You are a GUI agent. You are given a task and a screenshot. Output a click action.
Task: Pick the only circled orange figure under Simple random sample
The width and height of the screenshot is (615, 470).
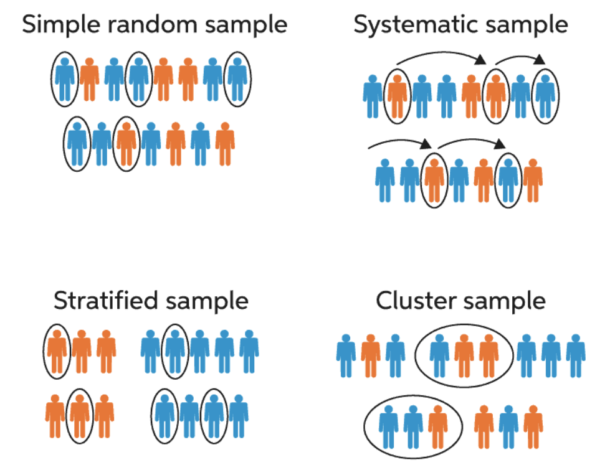(x=126, y=143)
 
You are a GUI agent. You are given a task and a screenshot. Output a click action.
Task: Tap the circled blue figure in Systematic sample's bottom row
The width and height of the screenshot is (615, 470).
(x=508, y=179)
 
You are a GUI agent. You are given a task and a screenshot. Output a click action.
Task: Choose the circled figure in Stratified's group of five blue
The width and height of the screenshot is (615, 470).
(x=175, y=351)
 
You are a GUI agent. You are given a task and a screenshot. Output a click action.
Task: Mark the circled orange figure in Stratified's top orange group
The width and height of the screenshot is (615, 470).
(x=58, y=351)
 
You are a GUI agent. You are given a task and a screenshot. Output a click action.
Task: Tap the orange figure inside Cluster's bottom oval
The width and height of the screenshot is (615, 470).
(x=437, y=426)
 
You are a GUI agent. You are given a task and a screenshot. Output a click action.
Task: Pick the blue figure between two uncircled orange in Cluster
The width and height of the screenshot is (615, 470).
(x=508, y=426)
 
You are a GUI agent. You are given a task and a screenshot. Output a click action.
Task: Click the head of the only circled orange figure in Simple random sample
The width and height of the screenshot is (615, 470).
(x=126, y=126)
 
